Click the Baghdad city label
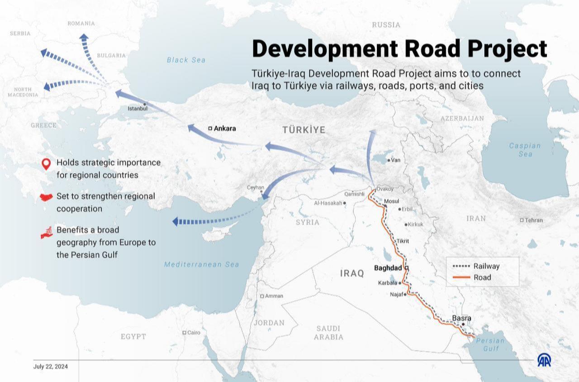tap(388, 268)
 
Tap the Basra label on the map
tap(462, 318)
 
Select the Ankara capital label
tap(224, 128)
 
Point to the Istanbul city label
tap(138, 109)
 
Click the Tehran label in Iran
tap(533, 220)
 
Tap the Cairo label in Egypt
tap(194, 333)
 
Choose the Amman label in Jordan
tap(274, 296)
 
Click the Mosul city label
tap(391, 201)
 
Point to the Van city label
tap(396, 160)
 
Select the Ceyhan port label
tap(255, 188)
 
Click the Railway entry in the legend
tap(486, 266)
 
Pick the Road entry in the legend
tap(482, 277)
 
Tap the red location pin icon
tap(45, 164)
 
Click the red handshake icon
tap(47, 197)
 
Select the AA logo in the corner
tap(544, 360)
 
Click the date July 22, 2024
tap(51, 367)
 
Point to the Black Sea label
tap(186, 60)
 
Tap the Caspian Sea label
tap(525, 150)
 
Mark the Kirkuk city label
tap(415, 224)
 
